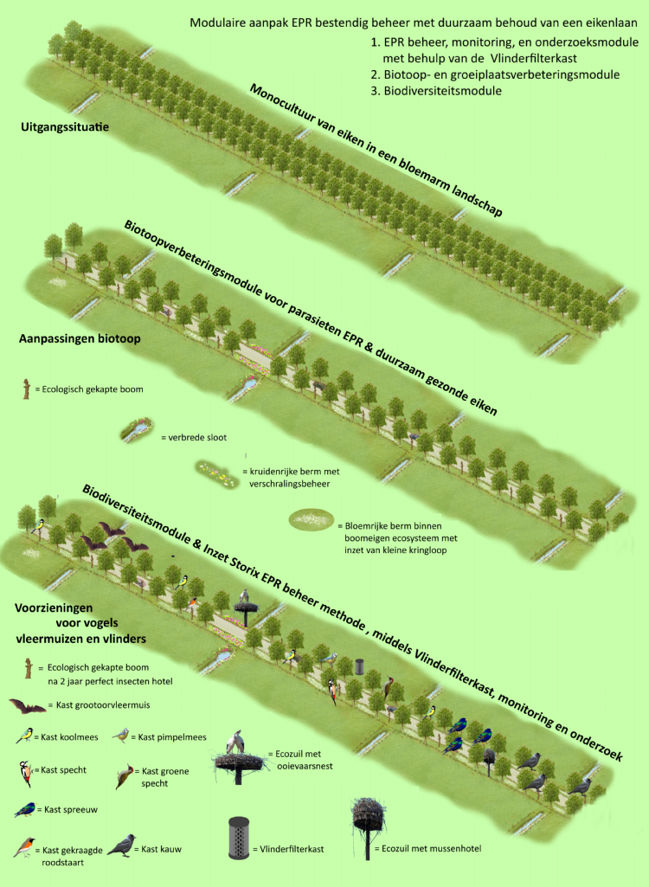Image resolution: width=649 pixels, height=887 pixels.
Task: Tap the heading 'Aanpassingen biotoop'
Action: click(x=80, y=339)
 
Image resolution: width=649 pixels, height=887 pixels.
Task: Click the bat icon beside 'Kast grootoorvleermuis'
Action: click(x=28, y=707)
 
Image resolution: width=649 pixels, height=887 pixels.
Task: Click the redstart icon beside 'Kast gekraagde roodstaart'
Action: click(x=25, y=847)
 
